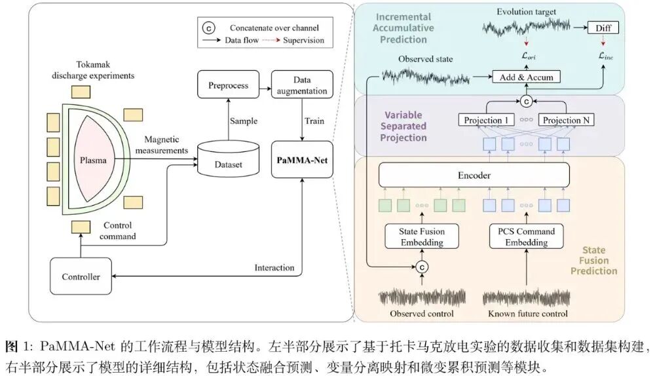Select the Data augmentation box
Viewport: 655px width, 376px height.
click(302, 85)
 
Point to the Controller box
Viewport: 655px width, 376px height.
click(81, 276)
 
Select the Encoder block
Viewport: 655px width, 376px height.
click(474, 176)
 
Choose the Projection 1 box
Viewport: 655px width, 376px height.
click(486, 121)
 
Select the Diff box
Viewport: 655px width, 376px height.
click(603, 29)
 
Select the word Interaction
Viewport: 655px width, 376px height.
click(274, 267)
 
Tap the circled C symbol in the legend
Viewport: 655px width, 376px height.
click(208, 28)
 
